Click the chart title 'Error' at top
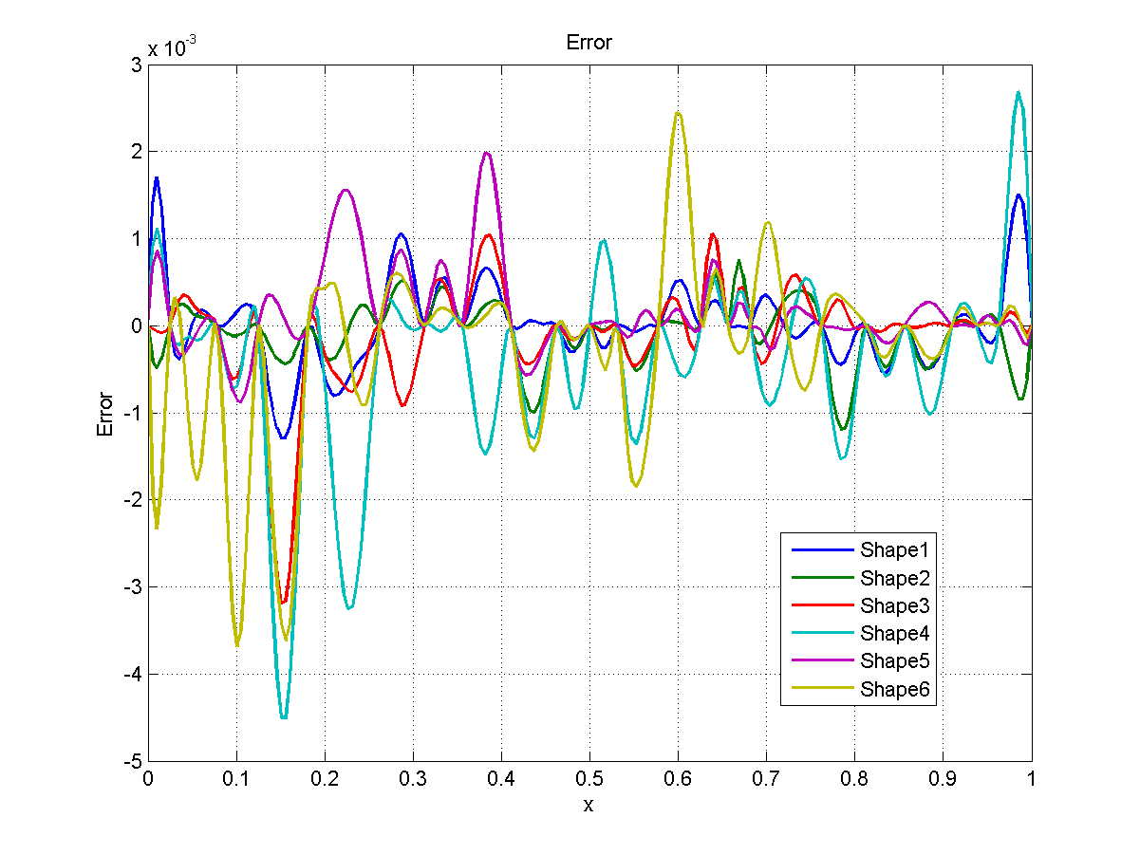pos(589,43)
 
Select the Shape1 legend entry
pos(898,548)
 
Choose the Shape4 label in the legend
pos(898,633)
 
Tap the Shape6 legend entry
pos(898,689)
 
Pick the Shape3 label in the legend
pos(898,605)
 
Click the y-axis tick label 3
pos(137,64)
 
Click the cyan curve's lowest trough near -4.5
pos(284,717)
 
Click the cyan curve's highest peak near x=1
pos(1019,92)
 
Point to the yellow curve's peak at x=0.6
pos(678,113)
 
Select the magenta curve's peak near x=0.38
pos(486,153)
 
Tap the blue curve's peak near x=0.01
pos(157,177)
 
